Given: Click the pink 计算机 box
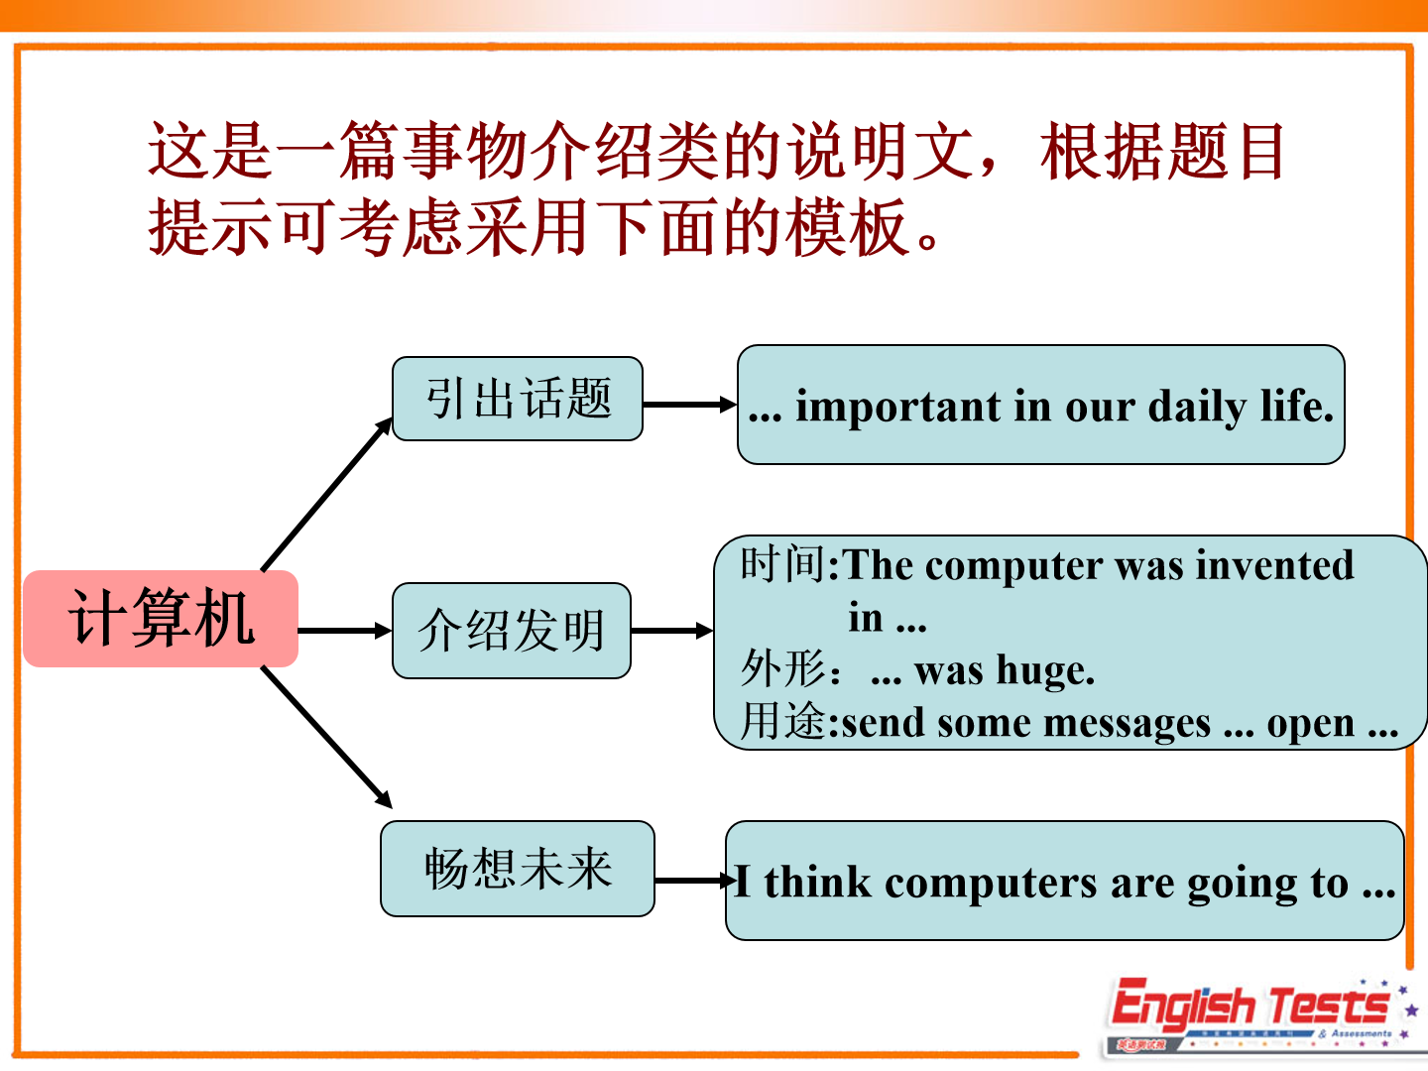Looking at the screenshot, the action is pyautogui.click(x=161, y=619).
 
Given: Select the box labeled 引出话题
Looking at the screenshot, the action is pyautogui.click(x=518, y=399).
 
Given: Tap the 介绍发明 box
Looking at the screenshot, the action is pyautogui.click(x=512, y=631).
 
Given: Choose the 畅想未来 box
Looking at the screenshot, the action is pyautogui.click(x=518, y=869).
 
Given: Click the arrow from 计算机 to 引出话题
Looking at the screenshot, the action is pyautogui.click(x=326, y=494).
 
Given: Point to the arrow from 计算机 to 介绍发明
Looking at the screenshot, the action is pyautogui.click(x=345, y=631).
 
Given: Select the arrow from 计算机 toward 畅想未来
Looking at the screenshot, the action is pyautogui.click(x=326, y=738).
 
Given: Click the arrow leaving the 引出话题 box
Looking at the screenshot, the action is pyautogui.click(x=689, y=405).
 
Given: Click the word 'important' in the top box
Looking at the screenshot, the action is pyautogui.click(x=898, y=407).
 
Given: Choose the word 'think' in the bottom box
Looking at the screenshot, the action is pyautogui.click(x=818, y=883).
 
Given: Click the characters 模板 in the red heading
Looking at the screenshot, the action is pyautogui.click(x=847, y=227).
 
